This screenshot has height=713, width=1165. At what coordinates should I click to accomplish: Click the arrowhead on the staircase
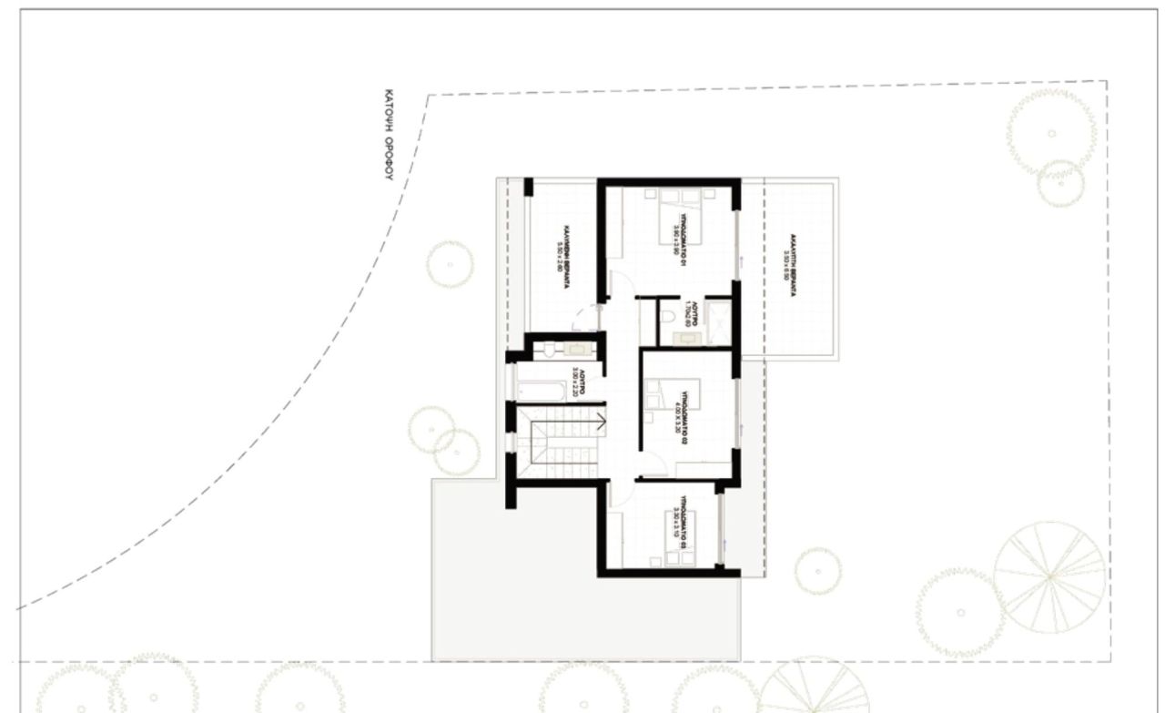[x=601, y=420]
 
